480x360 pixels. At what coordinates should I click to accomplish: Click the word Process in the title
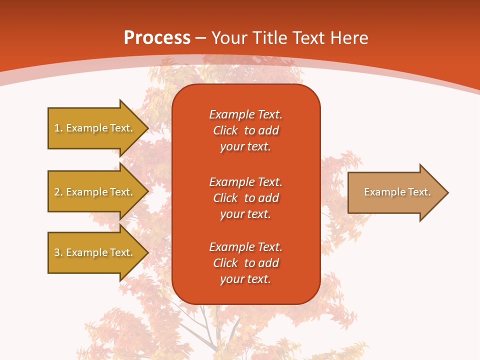click(157, 37)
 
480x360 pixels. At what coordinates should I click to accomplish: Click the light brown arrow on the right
click(395, 192)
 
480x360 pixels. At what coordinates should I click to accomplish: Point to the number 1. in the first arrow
click(58, 128)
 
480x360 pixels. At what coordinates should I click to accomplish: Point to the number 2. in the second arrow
click(58, 192)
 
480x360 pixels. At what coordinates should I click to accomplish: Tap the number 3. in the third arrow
click(58, 252)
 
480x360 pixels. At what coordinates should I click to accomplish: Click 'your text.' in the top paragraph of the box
click(245, 147)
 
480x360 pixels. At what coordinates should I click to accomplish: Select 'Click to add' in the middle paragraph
click(245, 198)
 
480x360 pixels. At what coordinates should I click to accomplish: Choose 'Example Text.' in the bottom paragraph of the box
click(245, 247)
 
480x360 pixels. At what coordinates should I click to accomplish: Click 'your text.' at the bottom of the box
click(245, 279)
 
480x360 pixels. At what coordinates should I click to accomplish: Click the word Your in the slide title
click(229, 37)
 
